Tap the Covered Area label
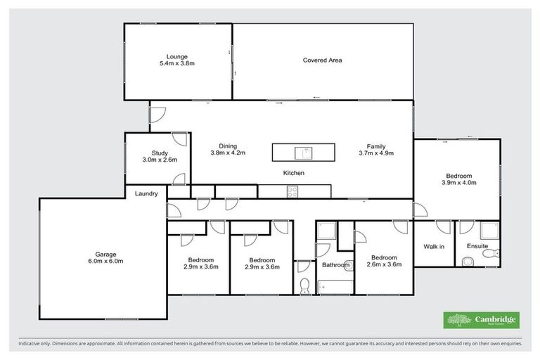322,60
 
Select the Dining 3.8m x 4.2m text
227,149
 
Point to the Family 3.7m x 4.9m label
375,149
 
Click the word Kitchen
293,172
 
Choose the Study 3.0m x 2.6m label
160,156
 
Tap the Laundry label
146,193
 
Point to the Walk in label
433,246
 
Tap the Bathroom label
335,265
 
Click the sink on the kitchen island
304,152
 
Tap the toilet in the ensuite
468,262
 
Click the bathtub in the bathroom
335,286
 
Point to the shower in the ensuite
487,232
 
